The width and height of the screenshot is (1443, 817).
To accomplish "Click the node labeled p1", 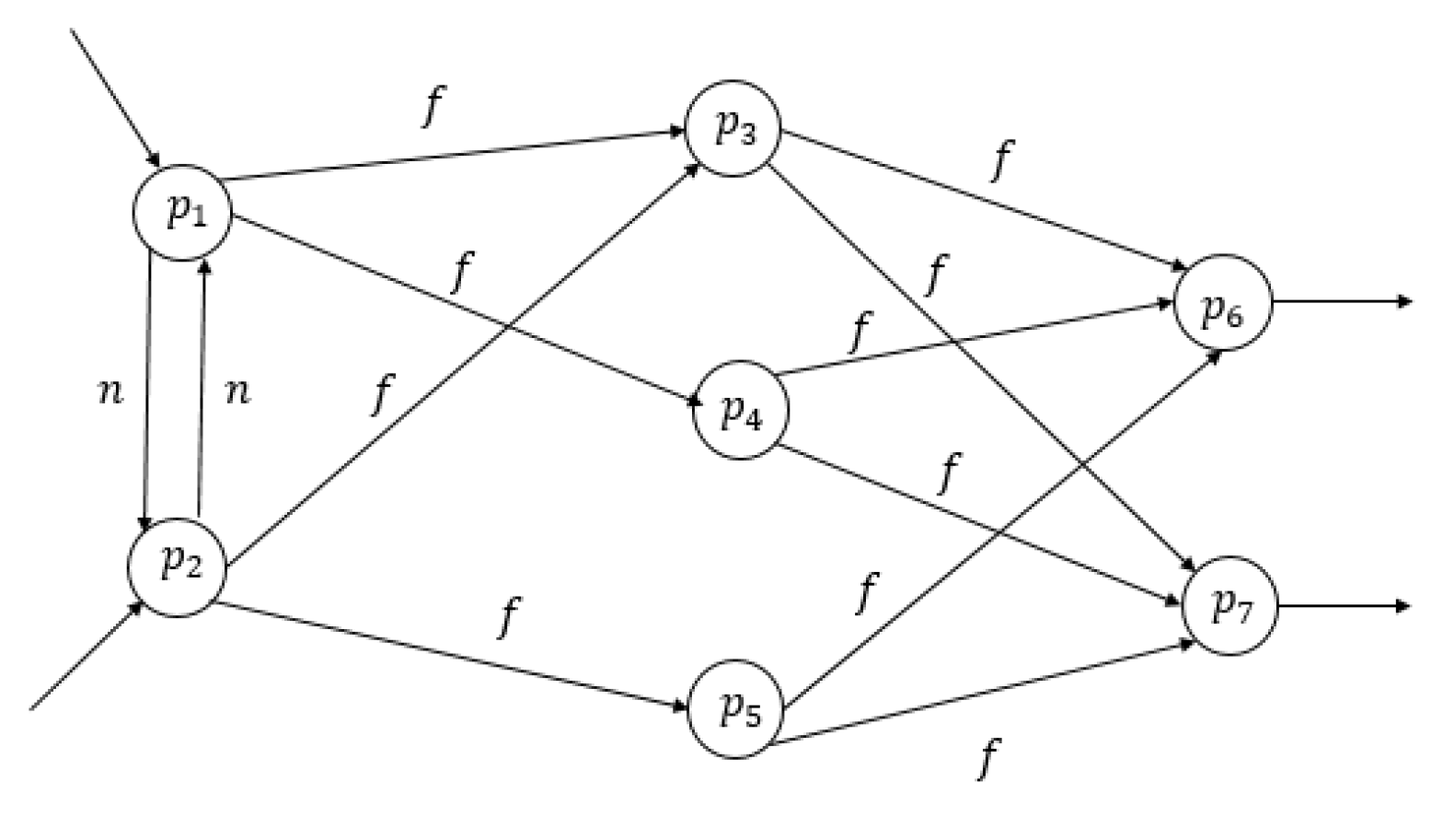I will pyautogui.click(x=182, y=211).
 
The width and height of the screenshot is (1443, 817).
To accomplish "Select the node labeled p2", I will pyautogui.click(x=177, y=567).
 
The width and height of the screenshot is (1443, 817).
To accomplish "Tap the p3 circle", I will pyautogui.click(x=733, y=128).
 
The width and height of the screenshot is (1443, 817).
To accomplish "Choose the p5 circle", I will pyautogui.click(x=735, y=709).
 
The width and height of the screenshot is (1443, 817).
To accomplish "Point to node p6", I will pyautogui.click(x=1222, y=302).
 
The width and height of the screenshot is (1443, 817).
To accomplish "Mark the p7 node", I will pyautogui.click(x=1229, y=606).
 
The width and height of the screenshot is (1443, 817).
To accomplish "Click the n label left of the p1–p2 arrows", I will pyautogui.click(x=110, y=392).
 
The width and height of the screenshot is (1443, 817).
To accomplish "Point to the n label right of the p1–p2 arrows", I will pyautogui.click(x=237, y=392).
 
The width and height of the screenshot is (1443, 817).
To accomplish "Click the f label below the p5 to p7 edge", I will pyautogui.click(x=987, y=758).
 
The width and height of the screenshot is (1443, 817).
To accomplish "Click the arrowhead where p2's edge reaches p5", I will pyautogui.click(x=681, y=706).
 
